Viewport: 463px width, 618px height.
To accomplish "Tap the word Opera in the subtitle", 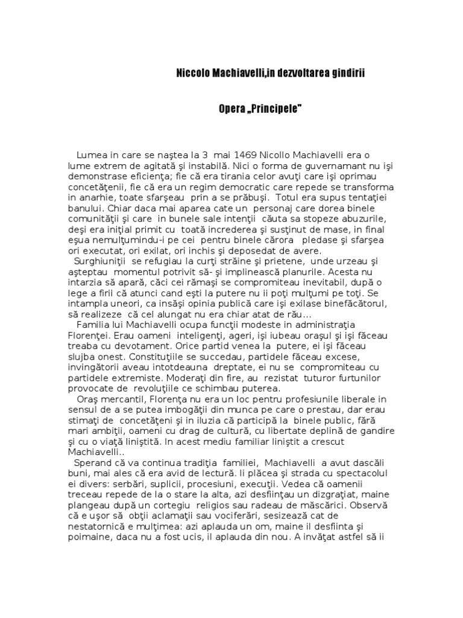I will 231,109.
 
